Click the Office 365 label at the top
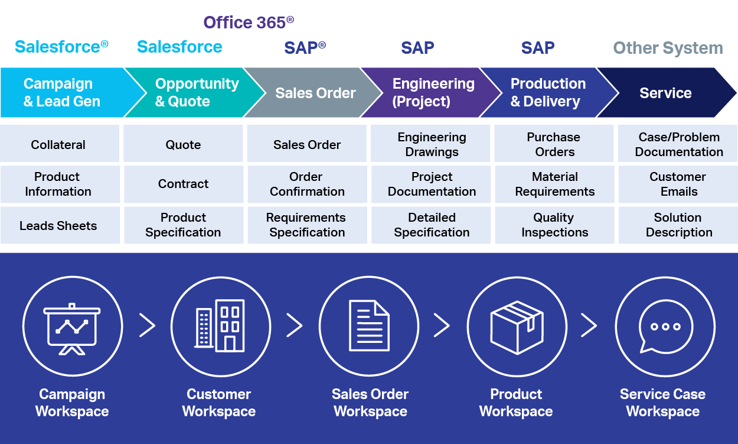[x=249, y=23]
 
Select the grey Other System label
[x=668, y=48]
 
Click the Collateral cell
[x=58, y=144]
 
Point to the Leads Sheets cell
[x=58, y=225]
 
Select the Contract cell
[x=183, y=184]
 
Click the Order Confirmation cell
[x=307, y=184]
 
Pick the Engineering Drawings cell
[x=432, y=144]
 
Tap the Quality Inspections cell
[x=554, y=225]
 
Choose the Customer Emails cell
[x=678, y=184]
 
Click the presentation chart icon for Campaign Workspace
[x=73, y=326]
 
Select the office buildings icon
[x=220, y=326]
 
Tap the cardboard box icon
[x=517, y=326]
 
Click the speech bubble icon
[x=665, y=326]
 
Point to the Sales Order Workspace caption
[x=370, y=403]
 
